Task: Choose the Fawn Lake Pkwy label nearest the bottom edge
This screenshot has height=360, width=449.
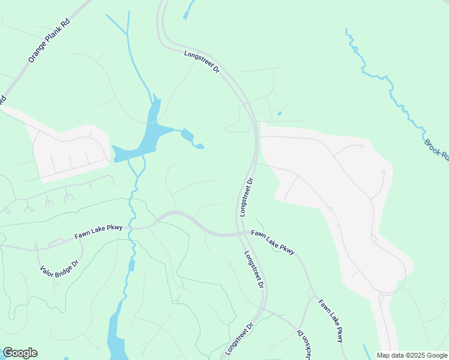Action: point(331,321)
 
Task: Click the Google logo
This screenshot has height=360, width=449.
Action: point(20,353)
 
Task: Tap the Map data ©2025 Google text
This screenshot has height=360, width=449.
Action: point(412,355)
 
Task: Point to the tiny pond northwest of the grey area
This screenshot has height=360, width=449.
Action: point(279,113)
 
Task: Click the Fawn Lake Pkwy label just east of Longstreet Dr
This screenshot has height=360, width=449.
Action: point(273,242)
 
